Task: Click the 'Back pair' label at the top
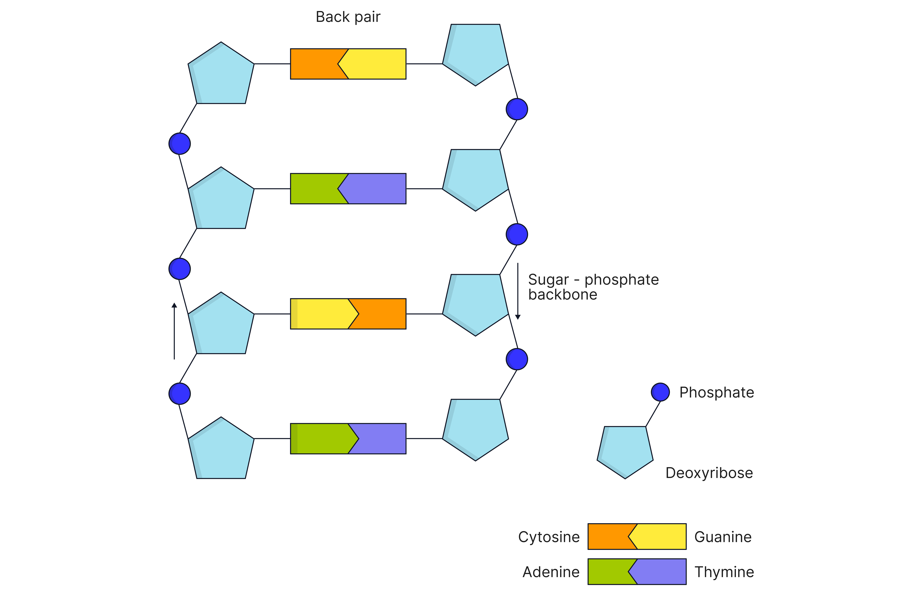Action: pos(348,17)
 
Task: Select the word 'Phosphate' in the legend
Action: pos(716,392)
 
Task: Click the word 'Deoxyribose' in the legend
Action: pos(709,473)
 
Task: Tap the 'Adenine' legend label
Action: pos(551,572)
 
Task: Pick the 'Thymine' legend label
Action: pos(724,572)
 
